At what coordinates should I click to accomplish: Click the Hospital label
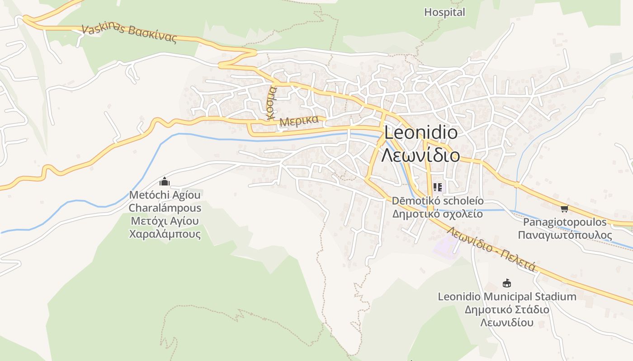click(444, 13)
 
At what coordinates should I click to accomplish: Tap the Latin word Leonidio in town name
click(420, 133)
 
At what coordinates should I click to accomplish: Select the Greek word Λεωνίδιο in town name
click(420, 155)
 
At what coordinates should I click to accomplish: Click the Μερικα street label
click(299, 121)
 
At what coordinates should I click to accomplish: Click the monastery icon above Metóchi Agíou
click(165, 182)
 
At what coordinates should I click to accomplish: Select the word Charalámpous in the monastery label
click(165, 208)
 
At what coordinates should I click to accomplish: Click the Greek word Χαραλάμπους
click(165, 234)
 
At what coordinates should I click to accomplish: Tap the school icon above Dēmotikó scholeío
click(437, 187)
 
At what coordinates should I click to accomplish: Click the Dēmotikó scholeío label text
click(437, 201)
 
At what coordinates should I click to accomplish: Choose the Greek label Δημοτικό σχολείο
click(437, 214)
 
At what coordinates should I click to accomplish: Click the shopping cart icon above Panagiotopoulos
click(564, 208)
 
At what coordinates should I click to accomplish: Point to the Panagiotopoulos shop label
click(565, 222)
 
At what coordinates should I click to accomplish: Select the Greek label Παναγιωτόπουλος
click(565, 235)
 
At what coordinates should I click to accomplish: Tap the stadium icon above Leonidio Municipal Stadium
click(507, 283)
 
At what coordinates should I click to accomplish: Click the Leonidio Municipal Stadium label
click(507, 296)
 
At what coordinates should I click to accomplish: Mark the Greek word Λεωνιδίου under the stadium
click(507, 323)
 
